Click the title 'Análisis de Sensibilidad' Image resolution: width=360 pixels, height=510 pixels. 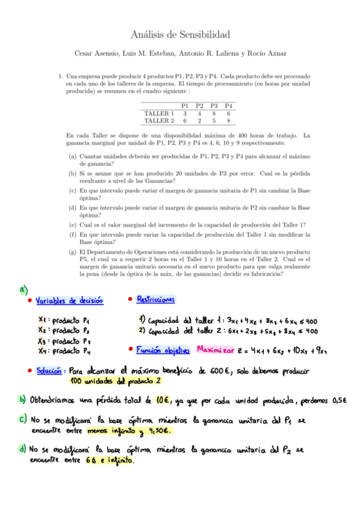click(x=180, y=35)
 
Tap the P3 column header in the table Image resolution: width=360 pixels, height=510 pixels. click(x=213, y=106)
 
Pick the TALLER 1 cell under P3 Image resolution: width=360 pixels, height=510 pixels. click(x=213, y=114)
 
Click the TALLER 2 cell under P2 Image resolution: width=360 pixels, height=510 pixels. click(x=199, y=120)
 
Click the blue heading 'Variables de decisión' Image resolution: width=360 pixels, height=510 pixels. click(x=69, y=301)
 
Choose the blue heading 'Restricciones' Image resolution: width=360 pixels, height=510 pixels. click(x=156, y=299)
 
